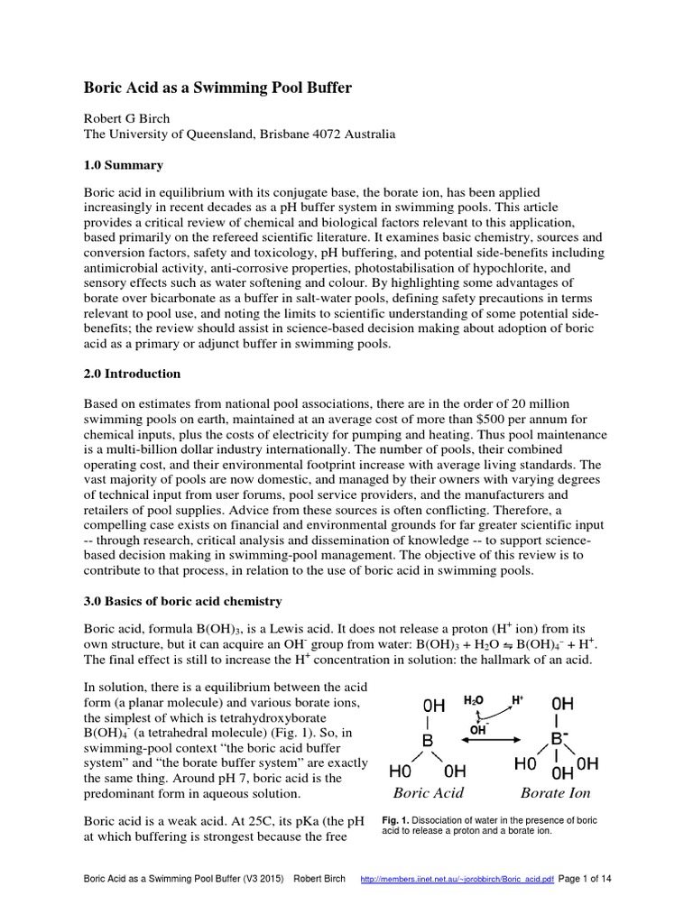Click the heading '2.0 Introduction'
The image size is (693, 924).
[x=132, y=374]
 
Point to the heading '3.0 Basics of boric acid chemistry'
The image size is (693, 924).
[x=183, y=601]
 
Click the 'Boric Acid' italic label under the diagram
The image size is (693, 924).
[x=428, y=793]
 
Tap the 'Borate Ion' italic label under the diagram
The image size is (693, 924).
[x=555, y=793]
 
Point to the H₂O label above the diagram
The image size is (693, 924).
[x=474, y=699]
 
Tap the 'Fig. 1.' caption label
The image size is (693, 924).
[x=396, y=820]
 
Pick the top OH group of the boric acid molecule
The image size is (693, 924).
[x=434, y=703]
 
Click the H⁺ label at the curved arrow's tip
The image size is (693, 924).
[x=518, y=699]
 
